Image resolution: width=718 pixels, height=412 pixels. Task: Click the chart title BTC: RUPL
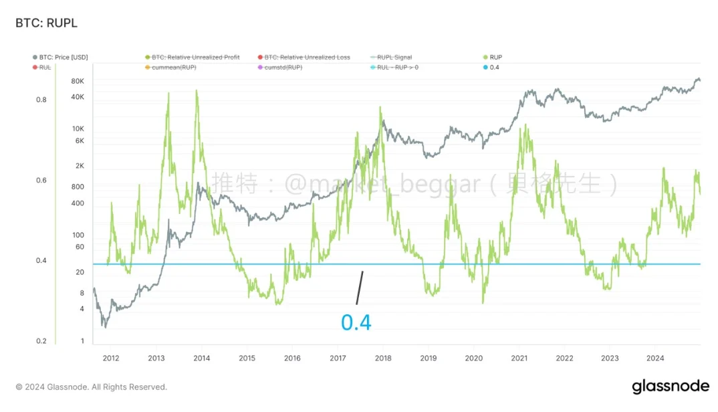click(x=46, y=23)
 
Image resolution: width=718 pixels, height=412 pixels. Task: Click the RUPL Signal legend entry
click(x=394, y=58)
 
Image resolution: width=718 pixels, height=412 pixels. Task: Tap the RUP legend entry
click(x=495, y=58)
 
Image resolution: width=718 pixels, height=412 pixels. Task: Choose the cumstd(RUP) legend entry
click(x=284, y=68)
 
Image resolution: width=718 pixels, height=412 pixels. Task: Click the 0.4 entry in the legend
click(x=494, y=68)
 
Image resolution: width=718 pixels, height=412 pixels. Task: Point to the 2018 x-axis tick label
click(x=383, y=358)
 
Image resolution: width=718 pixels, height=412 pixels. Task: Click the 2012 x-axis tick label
click(x=111, y=358)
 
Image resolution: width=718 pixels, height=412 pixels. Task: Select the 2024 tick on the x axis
click(x=654, y=358)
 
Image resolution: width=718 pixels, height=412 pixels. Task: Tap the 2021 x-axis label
click(x=519, y=358)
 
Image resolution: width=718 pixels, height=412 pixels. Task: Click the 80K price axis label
click(x=78, y=81)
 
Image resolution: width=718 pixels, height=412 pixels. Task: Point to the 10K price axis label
click(x=78, y=128)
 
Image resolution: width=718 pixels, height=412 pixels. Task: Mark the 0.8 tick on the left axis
click(x=41, y=100)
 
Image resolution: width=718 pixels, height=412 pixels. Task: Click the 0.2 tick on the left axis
click(x=41, y=341)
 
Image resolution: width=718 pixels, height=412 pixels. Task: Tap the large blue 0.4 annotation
click(x=356, y=322)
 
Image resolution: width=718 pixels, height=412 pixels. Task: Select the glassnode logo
click(x=670, y=387)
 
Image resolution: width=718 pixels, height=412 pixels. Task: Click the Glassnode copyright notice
click(x=91, y=387)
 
